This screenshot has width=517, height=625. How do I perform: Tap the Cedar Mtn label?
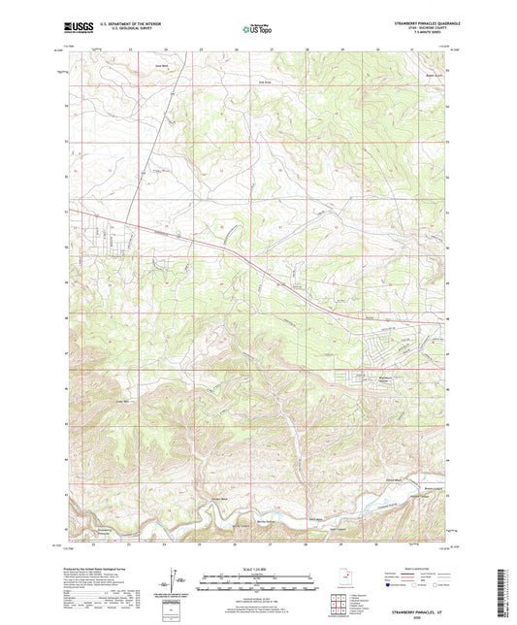[123, 401]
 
